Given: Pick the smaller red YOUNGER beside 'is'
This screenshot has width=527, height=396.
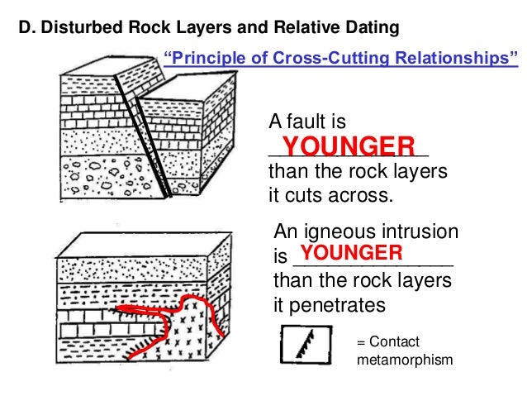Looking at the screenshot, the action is coord(351,252).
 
